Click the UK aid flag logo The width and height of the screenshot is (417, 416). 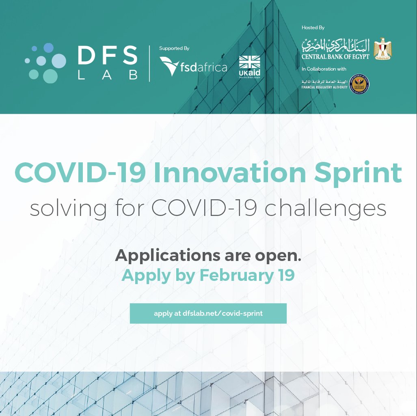click(249, 67)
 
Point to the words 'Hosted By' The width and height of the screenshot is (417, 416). click(313, 28)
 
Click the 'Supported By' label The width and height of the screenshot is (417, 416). click(174, 48)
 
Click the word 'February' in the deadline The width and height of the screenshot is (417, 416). click(236, 276)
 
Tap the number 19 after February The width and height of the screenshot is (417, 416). click(286, 275)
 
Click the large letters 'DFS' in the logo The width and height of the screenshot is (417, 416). click(107, 56)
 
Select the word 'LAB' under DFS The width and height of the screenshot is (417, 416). click(107, 75)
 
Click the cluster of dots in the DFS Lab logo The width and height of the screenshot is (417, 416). click(45, 63)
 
